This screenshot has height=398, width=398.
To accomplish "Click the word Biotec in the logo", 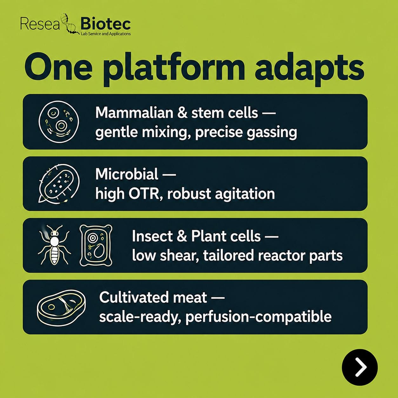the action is (106, 24).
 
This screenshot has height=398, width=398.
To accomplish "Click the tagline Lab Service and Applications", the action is (106, 34).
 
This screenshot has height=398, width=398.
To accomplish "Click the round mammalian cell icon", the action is (59, 122).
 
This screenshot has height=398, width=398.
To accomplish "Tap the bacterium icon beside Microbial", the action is (59, 183).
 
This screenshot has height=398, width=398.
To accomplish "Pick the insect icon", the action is (54, 244).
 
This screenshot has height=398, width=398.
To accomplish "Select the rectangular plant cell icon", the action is (96, 245).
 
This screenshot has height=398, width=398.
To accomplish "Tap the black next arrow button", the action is (360, 367).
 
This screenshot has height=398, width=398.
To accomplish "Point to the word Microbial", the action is (127, 174).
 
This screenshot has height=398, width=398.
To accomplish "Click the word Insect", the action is (152, 236).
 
